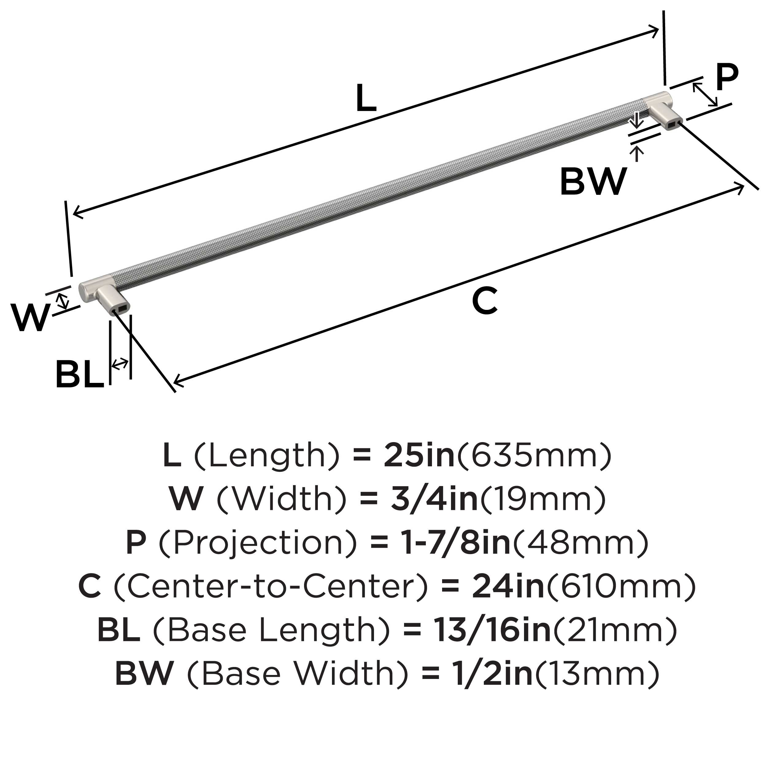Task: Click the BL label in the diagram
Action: pos(79,374)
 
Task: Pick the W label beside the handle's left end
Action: pos(30,317)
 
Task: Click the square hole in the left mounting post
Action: pos(121,306)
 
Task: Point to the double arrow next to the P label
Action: pos(705,94)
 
